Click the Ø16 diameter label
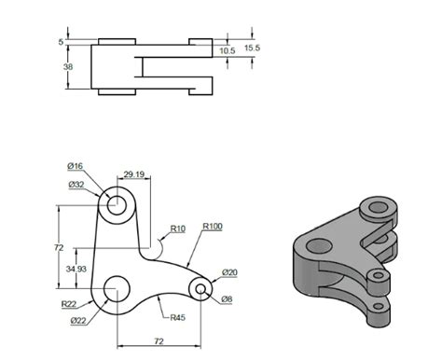(76, 166)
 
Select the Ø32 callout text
(76, 185)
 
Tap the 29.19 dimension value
(134, 174)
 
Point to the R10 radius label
(178, 228)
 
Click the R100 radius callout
(213, 227)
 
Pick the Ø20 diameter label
(229, 272)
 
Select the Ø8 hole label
(227, 299)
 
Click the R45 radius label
(178, 317)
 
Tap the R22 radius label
(69, 304)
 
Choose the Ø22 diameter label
(78, 321)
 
